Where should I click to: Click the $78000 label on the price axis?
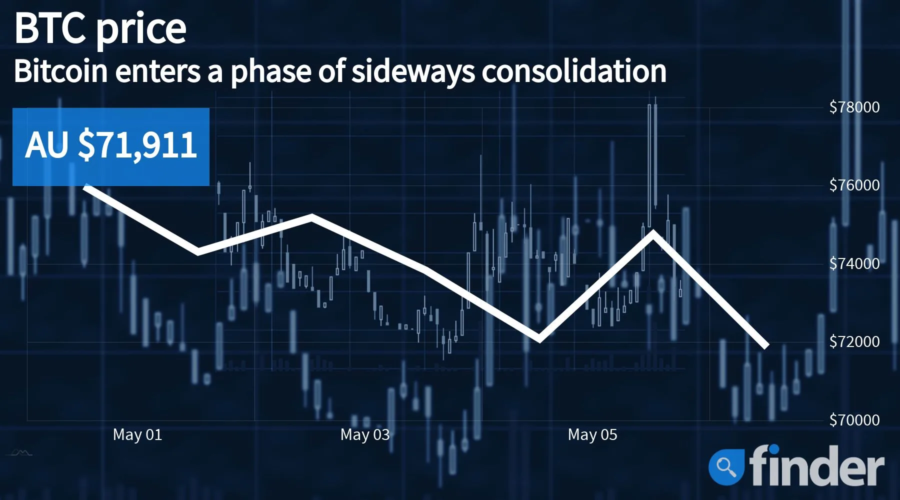(854, 107)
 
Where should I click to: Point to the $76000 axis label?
(854, 185)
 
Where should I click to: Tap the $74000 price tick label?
(854, 263)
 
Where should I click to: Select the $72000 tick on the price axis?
(854, 341)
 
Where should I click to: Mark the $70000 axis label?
(854, 420)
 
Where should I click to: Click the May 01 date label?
(137, 435)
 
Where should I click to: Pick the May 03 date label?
(365, 435)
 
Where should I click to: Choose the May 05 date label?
(592, 435)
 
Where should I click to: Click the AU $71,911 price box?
(111, 146)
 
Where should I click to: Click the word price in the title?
(140, 31)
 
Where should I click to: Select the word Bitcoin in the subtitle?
(61, 71)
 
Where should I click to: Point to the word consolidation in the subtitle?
(574, 71)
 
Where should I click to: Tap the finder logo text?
(816, 465)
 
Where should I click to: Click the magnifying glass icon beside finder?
(726, 465)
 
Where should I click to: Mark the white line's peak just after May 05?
(652, 232)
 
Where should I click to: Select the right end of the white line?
(766, 345)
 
